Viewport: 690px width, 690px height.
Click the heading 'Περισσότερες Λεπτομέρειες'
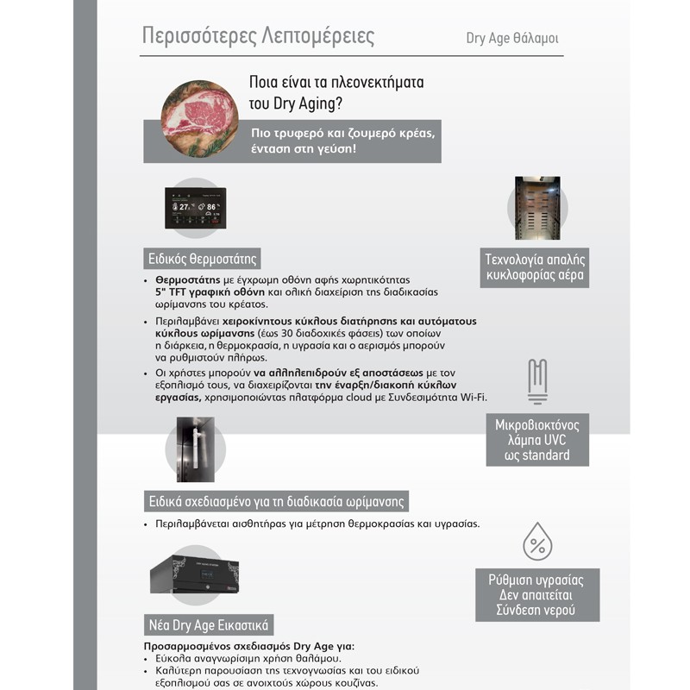258,36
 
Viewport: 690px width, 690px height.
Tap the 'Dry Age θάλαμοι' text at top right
517,38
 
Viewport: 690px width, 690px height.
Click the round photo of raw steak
199,117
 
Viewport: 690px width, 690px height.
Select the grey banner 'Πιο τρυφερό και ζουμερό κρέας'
292,141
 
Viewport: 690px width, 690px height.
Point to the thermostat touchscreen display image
195,208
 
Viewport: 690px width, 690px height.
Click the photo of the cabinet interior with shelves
537,208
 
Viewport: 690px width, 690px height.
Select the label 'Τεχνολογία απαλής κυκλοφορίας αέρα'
536,267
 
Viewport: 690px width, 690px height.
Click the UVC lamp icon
537,381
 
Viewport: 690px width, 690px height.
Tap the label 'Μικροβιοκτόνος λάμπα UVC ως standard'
537,440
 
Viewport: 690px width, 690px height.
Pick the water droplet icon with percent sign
537,543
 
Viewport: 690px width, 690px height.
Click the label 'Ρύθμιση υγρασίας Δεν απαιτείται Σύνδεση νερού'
536,595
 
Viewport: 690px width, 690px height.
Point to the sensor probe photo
193,448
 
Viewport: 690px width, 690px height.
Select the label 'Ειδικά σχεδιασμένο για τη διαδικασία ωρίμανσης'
276,501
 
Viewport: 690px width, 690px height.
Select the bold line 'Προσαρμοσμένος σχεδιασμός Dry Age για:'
248,645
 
